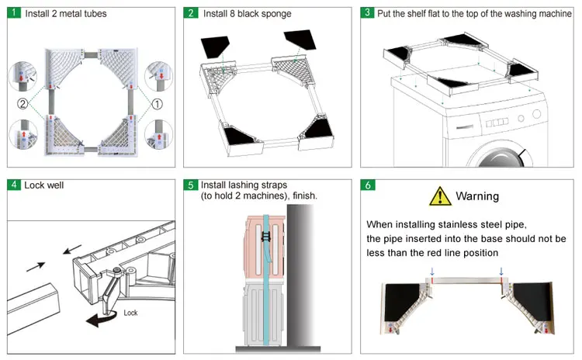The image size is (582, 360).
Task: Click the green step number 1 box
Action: [x=15, y=14]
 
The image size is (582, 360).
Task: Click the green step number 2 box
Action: [x=191, y=14]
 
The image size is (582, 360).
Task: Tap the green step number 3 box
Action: [x=368, y=14]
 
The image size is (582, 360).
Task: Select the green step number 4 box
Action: [x=15, y=185]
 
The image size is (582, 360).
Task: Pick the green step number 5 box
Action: [x=191, y=185]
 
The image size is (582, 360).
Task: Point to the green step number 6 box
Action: [x=368, y=185]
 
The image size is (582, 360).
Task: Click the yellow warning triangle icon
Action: [x=440, y=196]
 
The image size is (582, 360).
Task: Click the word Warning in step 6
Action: [x=477, y=196]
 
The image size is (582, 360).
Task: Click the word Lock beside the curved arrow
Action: [x=130, y=312]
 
